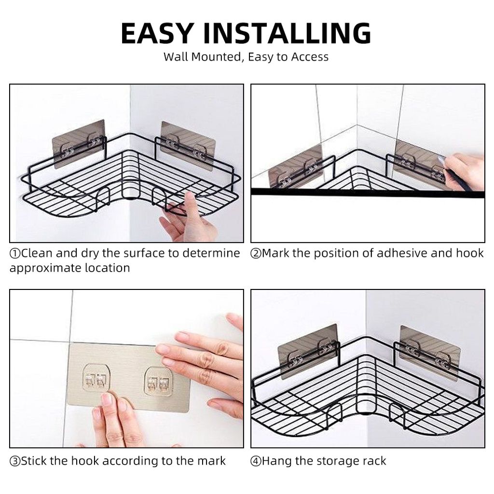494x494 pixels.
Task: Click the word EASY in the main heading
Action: [157, 33]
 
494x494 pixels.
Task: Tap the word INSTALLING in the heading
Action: [288, 33]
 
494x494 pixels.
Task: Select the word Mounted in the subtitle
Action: [216, 57]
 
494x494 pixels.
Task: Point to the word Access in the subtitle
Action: [310, 57]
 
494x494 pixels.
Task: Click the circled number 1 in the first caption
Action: [15, 253]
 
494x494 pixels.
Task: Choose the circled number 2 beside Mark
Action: [256, 253]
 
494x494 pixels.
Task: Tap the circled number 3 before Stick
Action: [15, 461]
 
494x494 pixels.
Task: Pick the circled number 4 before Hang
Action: [256, 461]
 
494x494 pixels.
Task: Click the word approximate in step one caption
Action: [45, 268]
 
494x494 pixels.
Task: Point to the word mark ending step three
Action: [212, 461]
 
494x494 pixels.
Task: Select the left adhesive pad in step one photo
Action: [79, 144]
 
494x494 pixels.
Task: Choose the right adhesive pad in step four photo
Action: [430, 353]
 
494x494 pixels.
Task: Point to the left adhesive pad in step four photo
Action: [308, 351]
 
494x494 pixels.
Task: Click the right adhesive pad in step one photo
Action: [188, 146]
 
